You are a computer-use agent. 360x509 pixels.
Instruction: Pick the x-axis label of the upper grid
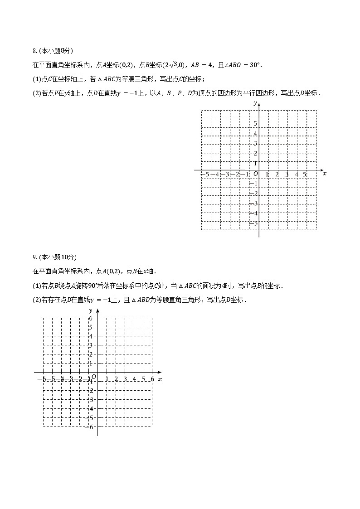(325, 174)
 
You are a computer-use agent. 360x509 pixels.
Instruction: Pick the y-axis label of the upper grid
(255, 104)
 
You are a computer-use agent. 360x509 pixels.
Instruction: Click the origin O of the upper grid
(255, 174)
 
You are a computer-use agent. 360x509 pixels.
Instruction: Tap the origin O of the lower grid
(94, 377)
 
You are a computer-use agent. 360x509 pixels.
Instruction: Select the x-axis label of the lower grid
(160, 378)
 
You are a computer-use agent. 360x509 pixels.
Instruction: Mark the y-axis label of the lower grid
(91, 310)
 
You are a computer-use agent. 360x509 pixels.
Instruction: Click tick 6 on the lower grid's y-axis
(91, 318)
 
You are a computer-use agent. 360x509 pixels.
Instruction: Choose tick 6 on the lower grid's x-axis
(152, 379)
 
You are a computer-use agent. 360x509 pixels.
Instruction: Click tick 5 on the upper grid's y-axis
(255, 124)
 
